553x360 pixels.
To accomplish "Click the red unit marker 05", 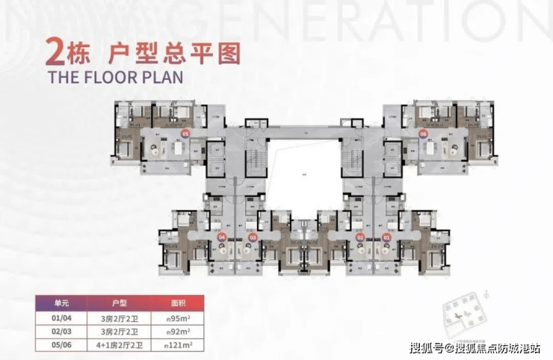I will click(185, 134).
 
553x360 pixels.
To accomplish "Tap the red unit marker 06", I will click(423, 134).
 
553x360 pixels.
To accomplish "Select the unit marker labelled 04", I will click(221, 237).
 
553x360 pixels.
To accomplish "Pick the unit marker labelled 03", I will click(253, 238).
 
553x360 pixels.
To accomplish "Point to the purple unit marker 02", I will click(360, 238).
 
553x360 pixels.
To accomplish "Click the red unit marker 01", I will click(386, 238).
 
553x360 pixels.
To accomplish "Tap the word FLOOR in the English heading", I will click(108, 76).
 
